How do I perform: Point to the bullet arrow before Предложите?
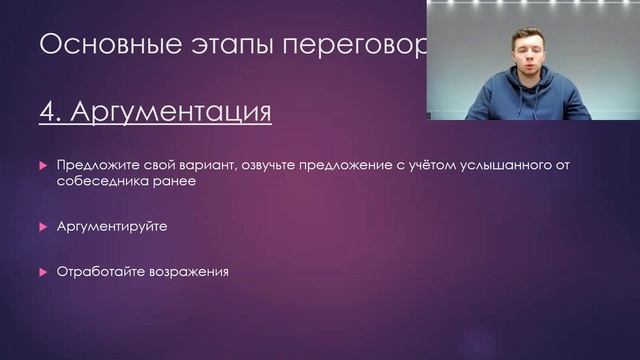point(43,164)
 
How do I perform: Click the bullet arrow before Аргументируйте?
point(43,227)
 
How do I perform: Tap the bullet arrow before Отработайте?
point(43,271)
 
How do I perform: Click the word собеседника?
point(101,183)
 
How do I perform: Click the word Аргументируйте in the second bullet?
point(112,227)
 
